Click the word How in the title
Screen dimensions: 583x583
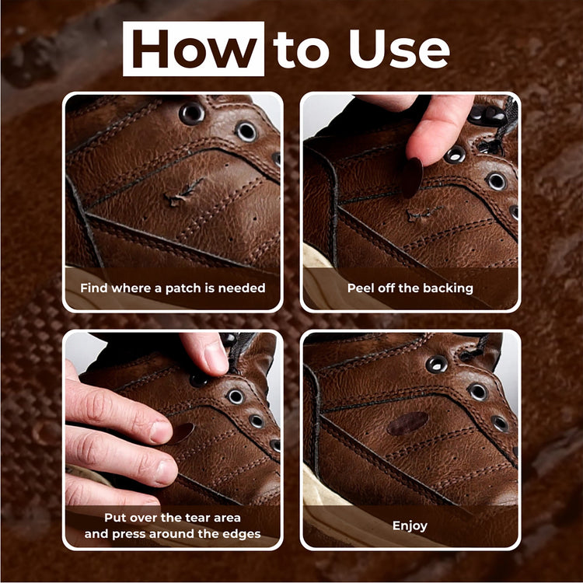coord(194,49)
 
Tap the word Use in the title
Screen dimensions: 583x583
coord(399,49)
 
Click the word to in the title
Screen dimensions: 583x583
coord(301,51)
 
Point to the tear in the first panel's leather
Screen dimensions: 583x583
coord(183,193)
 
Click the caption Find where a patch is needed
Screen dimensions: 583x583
coord(173,288)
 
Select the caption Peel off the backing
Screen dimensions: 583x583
coord(410,288)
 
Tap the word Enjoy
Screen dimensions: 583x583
coord(410,525)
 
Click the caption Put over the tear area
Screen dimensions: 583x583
coord(173,518)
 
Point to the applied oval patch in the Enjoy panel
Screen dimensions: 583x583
coord(407,424)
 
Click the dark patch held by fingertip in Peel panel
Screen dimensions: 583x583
coord(412,178)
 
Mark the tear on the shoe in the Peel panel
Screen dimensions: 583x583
coord(423,214)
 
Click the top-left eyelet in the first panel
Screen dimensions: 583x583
coord(192,113)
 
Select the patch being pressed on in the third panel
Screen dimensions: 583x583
coord(181,433)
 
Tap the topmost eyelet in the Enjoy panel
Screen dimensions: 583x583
coord(437,364)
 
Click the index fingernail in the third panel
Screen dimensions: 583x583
coord(162,433)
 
